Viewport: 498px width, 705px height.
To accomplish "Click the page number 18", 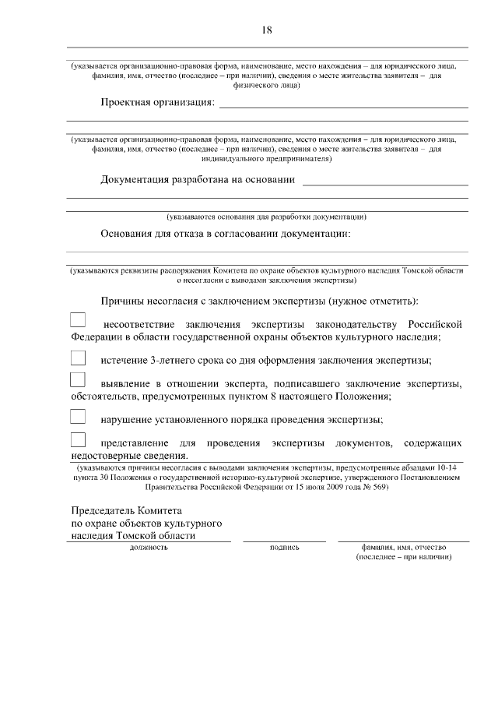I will [x=266, y=30].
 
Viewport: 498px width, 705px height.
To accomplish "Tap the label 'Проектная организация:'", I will [x=157, y=103].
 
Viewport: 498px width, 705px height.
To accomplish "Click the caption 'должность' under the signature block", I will [x=148, y=548].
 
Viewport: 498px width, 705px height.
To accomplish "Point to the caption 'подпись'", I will [x=284, y=548].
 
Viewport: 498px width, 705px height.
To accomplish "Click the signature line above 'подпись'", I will [x=284, y=541].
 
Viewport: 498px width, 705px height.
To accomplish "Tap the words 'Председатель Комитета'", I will [x=125, y=510].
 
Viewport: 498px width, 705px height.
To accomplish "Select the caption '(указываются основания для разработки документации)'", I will [x=266, y=217].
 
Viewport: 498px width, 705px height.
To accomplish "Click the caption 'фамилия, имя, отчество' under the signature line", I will [x=403, y=548].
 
